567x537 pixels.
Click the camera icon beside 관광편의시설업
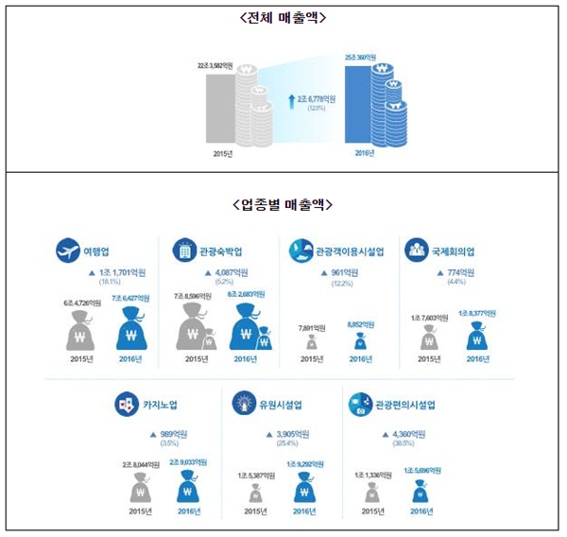pos(359,405)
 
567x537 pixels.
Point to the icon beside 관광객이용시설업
pos(300,250)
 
